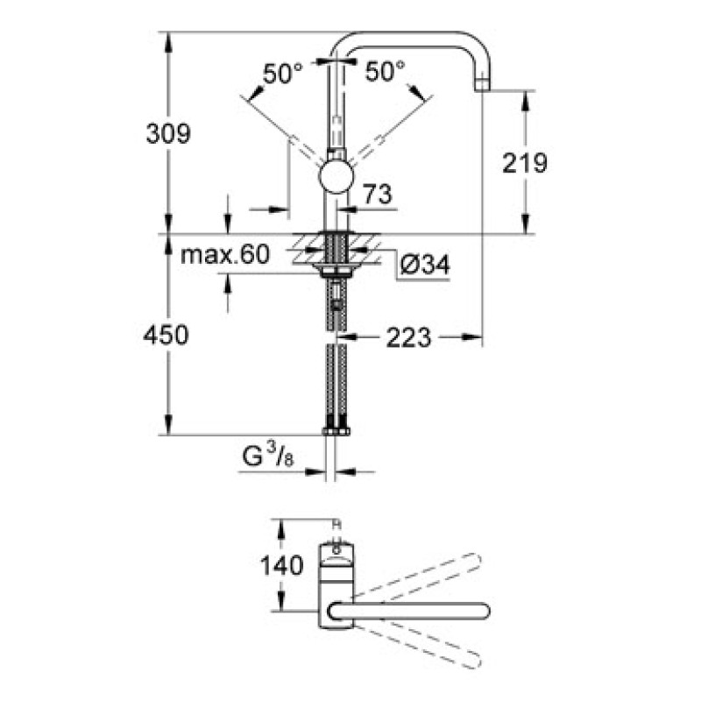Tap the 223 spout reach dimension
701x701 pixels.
tap(408, 336)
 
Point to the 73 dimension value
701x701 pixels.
tap(376, 195)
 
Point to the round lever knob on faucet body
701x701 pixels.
tap(336, 175)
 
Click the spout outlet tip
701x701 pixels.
tap(484, 85)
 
